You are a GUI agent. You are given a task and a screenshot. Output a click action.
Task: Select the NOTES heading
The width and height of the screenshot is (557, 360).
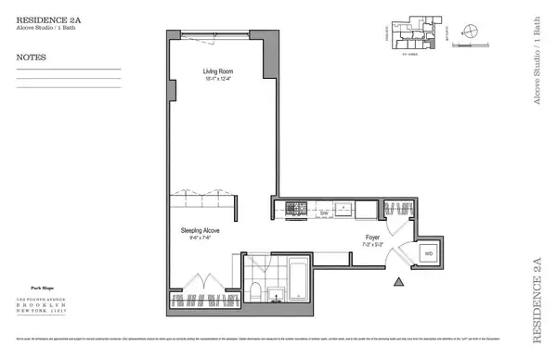pos(32,57)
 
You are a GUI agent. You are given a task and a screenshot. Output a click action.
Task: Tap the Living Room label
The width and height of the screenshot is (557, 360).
pos(219,71)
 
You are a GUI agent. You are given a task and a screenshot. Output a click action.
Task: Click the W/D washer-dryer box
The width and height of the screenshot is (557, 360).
pos(428,252)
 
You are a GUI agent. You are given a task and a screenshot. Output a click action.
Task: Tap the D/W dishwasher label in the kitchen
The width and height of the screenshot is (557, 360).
pos(325,214)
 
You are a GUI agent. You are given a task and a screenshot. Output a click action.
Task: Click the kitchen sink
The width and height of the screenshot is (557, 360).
pos(343,207)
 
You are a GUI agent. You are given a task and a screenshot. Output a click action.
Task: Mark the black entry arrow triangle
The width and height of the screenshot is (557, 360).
pos(398,281)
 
